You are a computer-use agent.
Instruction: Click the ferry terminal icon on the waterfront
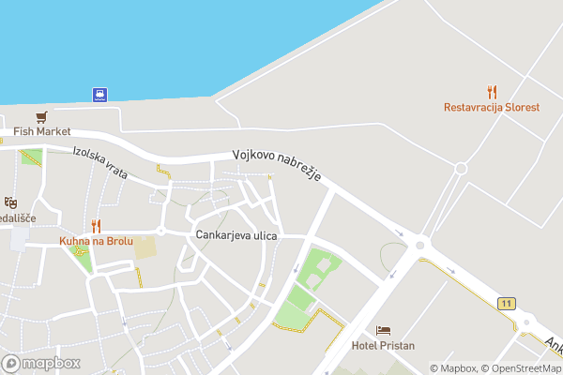(x=99, y=94)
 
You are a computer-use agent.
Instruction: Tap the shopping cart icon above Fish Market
(x=41, y=117)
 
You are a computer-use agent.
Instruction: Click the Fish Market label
(x=41, y=131)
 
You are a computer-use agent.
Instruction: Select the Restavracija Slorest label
(x=492, y=107)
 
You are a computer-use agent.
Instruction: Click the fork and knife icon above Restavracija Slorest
(x=492, y=92)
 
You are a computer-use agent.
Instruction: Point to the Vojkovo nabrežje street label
(x=278, y=166)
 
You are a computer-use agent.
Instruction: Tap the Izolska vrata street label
(x=100, y=164)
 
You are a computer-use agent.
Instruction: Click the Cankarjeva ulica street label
(x=236, y=235)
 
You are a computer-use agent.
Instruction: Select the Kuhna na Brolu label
(x=95, y=241)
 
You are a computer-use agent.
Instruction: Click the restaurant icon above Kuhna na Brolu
(x=95, y=226)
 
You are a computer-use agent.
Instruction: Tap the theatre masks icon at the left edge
(x=10, y=202)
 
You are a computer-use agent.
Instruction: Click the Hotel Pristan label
(x=382, y=345)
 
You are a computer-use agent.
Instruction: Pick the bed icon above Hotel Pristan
(x=382, y=330)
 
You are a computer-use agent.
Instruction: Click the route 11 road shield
(x=507, y=303)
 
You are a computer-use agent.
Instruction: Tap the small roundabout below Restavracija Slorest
(x=461, y=169)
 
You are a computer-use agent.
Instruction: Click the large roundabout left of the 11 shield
(x=419, y=245)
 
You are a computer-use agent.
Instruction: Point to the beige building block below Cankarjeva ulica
(x=145, y=247)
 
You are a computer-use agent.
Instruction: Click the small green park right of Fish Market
(x=31, y=157)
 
